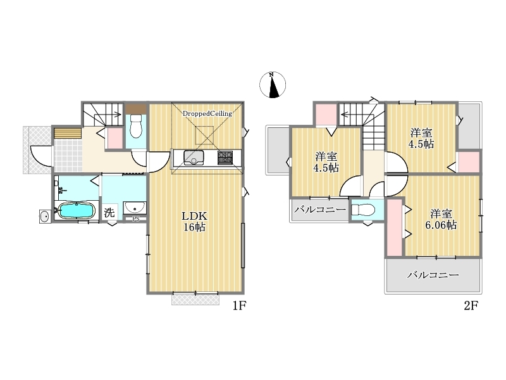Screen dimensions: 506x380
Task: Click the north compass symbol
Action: pyautogui.click(x=273, y=85)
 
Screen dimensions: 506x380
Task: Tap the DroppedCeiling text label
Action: pyautogui.click(x=207, y=114)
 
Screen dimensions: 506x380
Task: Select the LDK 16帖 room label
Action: pyautogui.click(x=194, y=222)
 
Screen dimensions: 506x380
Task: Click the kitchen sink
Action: pyautogui.click(x=194, y=157)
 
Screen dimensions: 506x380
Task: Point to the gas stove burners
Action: pyautogui.click(x=225, y=157)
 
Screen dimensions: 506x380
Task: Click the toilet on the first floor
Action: pyautogui.click(x=136, y=126)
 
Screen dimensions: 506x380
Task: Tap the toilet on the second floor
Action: pyautogui.click(x=362, y=210)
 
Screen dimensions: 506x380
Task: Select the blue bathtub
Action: pyautogui.click(x=76, y=211)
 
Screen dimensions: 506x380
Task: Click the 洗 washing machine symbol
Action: pyautogui.click(x=109, y=213)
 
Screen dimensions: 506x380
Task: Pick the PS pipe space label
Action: pyautogui.click(x=136, y=219)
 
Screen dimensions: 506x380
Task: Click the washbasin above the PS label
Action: pyautogui.click(x=135, y=207)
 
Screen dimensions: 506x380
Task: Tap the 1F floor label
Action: pyautogui.click(x=240, y=305)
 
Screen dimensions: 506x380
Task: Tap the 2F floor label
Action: pyautogui.click(x=471, y=305)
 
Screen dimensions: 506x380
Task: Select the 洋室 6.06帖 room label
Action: pyautogui.click(x=441, y=219)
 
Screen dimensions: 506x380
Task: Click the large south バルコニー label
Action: pyautogui.click(x=433, y=275)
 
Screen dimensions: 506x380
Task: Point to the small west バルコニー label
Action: pyautogui.click(x=320, y=210)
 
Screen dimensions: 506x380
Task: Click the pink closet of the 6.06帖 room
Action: pyautogui.click(x=394, y=227)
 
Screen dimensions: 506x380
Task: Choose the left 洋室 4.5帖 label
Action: pyautogui.click(x=326, y=162)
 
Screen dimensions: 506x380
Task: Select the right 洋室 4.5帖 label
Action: pyautogui.click(x=421, y=138)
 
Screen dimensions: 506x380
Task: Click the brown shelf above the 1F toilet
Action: pyautogui.click(x=136, y=109)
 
